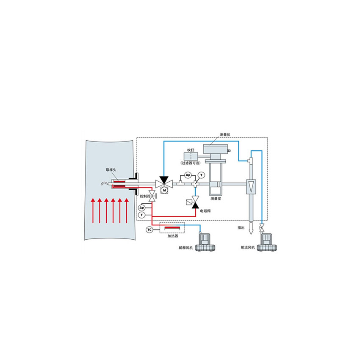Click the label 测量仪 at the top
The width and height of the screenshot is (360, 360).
[x=225, y=135]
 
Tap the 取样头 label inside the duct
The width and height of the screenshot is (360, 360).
[x=111, y=170]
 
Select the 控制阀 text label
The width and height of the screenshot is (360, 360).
[x=145, y=196]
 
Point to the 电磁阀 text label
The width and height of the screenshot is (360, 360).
[x=205, y=211]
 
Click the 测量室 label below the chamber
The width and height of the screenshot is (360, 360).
[x=216, y=199]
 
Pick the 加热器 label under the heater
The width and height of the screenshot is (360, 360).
[x=173, y=236]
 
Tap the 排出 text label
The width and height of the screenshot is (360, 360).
[x=241, y=228]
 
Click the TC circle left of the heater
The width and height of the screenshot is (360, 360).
[x=150, y=230]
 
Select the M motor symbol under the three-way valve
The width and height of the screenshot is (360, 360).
[x=164, y=190]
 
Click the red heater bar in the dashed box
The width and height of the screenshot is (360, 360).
[x=172, y=227]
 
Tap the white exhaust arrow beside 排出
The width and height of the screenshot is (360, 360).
[x=251, y=228]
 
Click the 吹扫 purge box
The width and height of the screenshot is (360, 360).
[x=191, y=157]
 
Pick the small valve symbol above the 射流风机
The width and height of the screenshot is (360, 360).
[x=262, y=227]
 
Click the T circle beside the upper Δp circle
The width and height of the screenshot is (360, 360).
[x=202, y=175]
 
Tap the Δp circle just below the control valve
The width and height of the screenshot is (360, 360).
[x=142, y=208]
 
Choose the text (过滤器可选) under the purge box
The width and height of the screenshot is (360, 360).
[x=191, y=163]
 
